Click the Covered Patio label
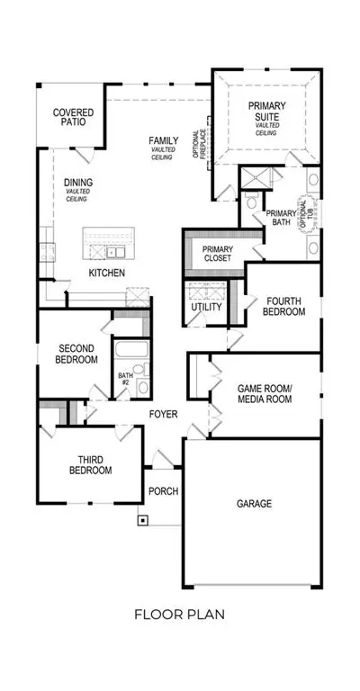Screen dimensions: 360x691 pos(73,117)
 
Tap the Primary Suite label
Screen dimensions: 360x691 pos(266,111)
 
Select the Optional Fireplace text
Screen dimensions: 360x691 pos(200,144)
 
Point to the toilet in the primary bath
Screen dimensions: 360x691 pos(253,201)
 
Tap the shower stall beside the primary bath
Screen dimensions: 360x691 pos(256,177)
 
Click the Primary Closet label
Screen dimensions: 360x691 pos(218,254)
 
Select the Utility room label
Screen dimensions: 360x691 pos(206,307)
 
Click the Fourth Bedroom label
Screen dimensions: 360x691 pos(283,307)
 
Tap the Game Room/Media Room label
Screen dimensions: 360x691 pos(265,394)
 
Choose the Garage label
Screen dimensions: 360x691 pos(254,503)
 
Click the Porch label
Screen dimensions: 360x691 pos(163,491)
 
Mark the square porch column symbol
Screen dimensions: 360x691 pos(143,520)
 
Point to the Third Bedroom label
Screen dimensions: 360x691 pos(90,465)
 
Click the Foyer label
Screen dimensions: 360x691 pos(163,414)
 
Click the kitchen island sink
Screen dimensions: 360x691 pos(116,252)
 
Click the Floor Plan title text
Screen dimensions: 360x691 pos(180,615)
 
